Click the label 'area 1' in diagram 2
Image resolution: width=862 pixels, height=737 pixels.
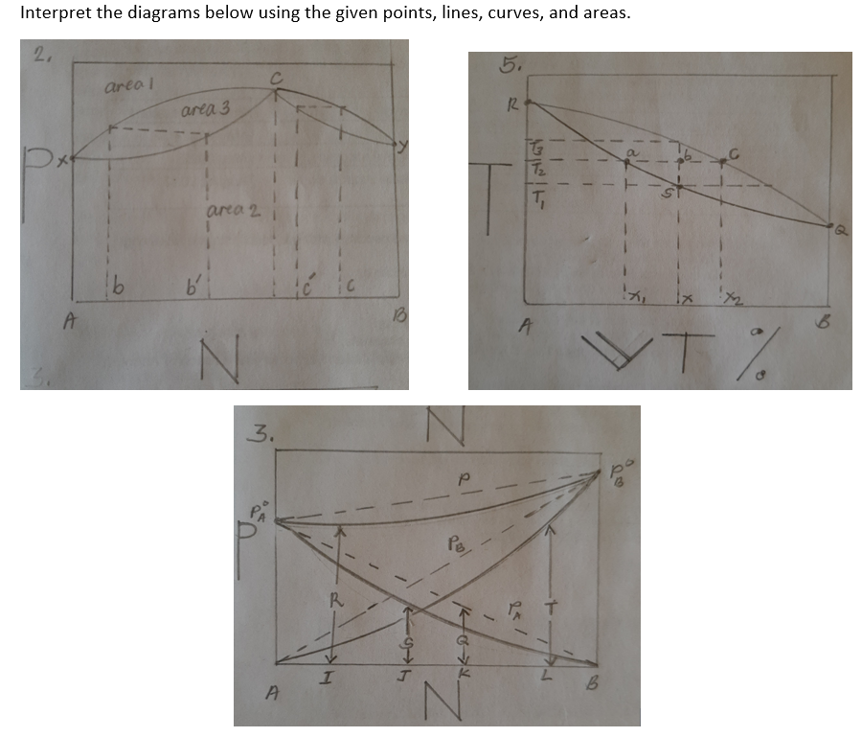125,87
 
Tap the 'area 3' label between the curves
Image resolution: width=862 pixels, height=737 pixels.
202,112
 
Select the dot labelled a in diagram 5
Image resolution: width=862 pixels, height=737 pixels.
627,163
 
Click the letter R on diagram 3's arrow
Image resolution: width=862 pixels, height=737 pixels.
334,602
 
